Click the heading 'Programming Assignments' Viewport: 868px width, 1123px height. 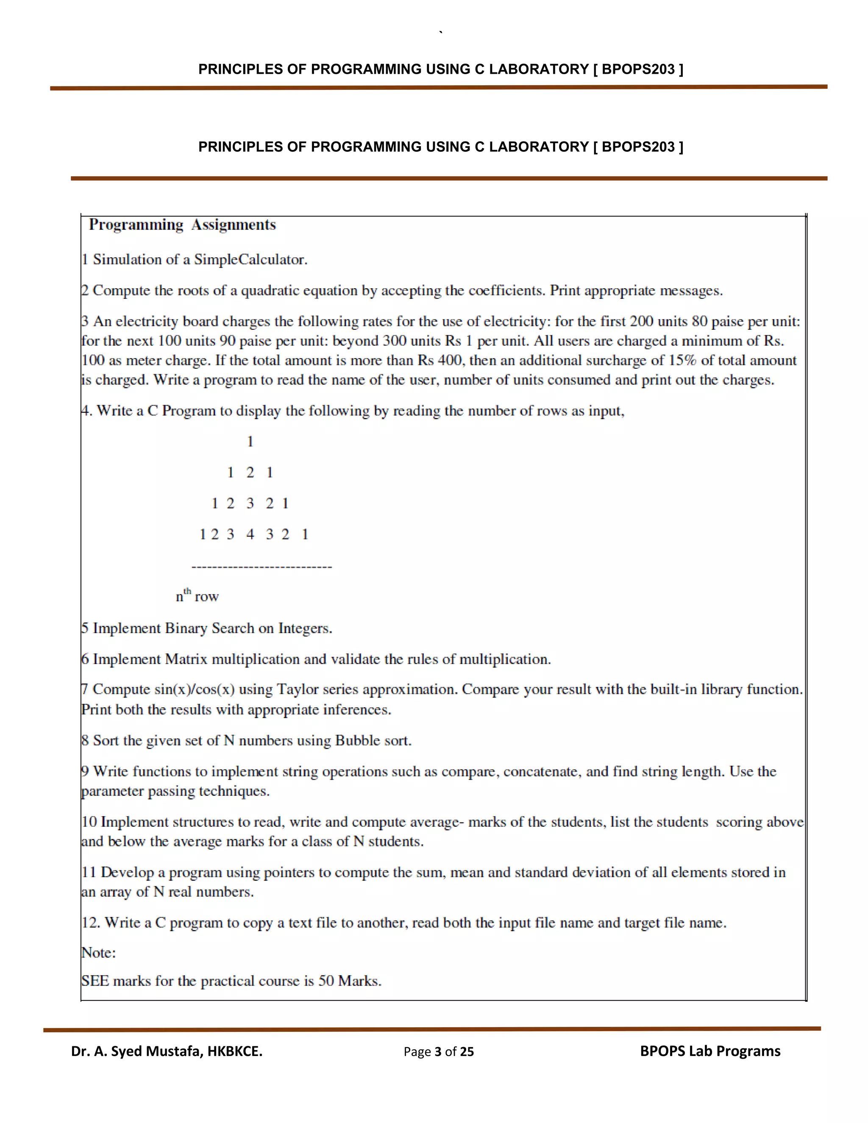point(183,225)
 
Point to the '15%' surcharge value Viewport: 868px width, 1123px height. point(682,361)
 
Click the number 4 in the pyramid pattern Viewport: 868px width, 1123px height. point(250,535)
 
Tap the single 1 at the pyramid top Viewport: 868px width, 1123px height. point(250,442)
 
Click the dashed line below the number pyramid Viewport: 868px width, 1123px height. point(262,567)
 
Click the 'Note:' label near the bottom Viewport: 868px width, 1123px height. point(99,953)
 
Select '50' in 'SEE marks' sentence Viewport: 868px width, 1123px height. point(326,981)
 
